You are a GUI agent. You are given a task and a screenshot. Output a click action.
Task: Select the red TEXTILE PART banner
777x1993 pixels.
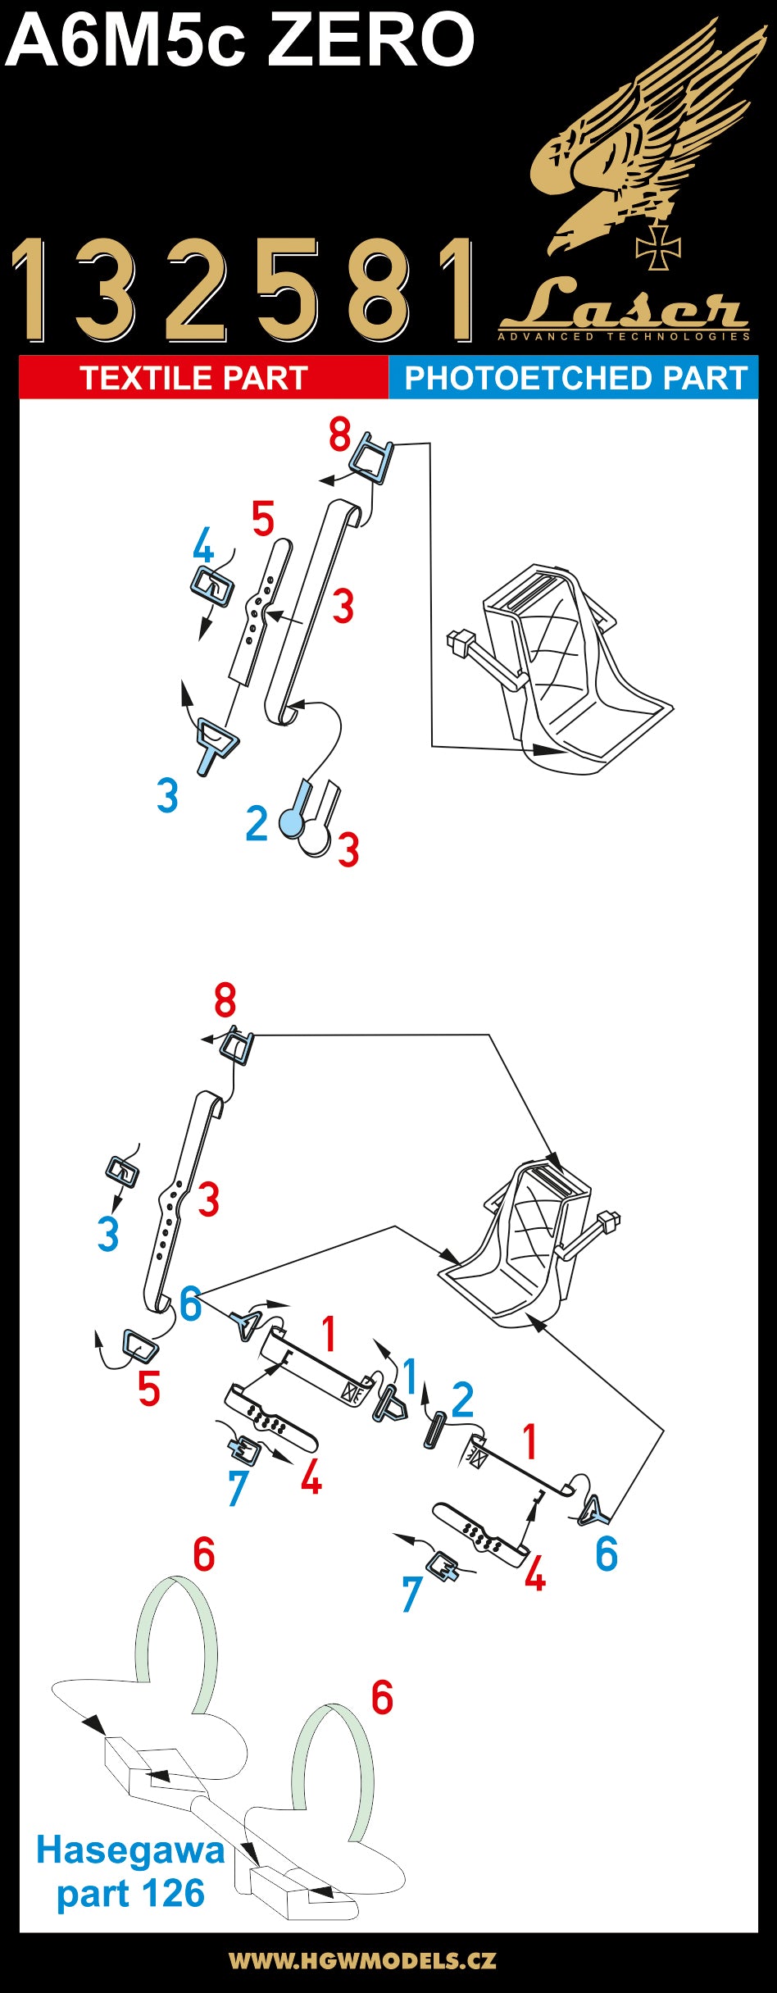(x=194, y=378)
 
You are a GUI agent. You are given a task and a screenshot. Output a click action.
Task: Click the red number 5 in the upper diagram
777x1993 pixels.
(x=262, y=519)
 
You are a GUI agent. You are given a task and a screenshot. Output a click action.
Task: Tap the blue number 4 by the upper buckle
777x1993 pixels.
(x=203, y=545)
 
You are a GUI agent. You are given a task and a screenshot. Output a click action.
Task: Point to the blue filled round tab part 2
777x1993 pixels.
(x=291, y=821)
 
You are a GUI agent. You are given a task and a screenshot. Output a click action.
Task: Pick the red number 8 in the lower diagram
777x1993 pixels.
(x=225, y=1001)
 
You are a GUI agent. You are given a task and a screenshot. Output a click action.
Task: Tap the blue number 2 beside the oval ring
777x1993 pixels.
(x=462, y=1399)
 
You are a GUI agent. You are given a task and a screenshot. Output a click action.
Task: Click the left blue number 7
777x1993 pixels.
(x=238, y=1489)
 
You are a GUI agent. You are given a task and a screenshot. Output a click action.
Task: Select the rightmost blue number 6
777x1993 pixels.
(x=606, y=1554)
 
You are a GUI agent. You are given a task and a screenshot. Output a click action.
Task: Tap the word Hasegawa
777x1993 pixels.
(x=130, y=1851)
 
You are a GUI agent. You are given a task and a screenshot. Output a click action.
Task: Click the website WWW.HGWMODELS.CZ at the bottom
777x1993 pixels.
(x=361, y=1961)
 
